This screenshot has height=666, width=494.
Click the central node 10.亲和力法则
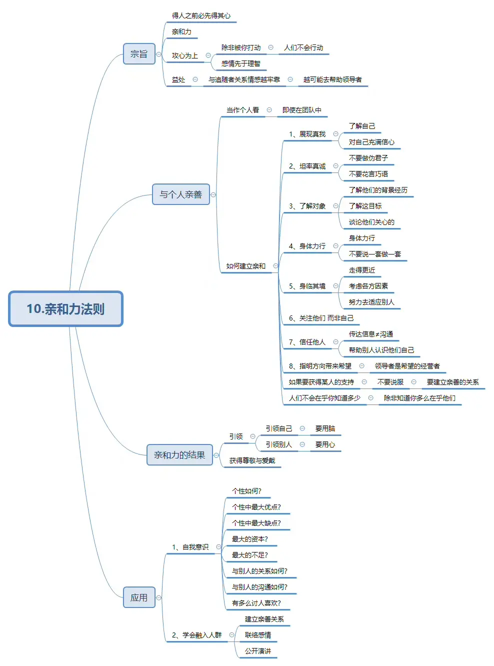point(65,309)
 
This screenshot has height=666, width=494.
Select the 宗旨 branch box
point(139,54)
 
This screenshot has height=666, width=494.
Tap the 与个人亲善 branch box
point(180,194)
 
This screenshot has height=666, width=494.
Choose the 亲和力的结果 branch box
point(179,455)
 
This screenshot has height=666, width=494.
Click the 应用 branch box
point(139,597)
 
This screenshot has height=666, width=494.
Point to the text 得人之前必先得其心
point(201,16)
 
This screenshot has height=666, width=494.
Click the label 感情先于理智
point(240,63)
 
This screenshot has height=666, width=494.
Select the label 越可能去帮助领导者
point(332,79)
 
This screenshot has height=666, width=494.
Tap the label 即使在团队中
point(301,110)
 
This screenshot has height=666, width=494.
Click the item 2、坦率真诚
point(307,166)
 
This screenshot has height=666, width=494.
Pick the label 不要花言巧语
point(368,174)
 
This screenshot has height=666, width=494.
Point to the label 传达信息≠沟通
point(370,334)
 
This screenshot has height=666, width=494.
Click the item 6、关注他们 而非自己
point(320,318)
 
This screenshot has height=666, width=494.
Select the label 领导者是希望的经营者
point(407,366)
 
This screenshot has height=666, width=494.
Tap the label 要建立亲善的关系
point(452,382)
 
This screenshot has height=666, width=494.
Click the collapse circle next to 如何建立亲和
point(275,266)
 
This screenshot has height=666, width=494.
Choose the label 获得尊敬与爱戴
point(252,460)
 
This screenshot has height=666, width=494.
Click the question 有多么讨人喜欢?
point(256,603)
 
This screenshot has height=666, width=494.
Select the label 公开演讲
point(257,651)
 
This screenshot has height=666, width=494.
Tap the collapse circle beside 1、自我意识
point(218,547)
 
